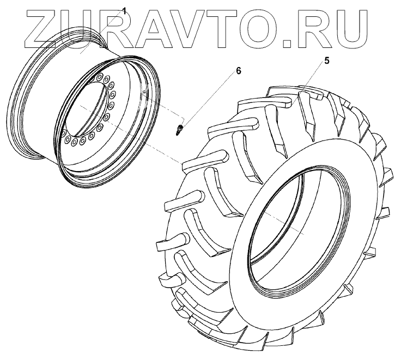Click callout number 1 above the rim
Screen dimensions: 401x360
click(124, 11)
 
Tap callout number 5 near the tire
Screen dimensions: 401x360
click(327, 61)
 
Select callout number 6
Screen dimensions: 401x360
click(238, 71)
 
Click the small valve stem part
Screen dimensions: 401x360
click(180, 130)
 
